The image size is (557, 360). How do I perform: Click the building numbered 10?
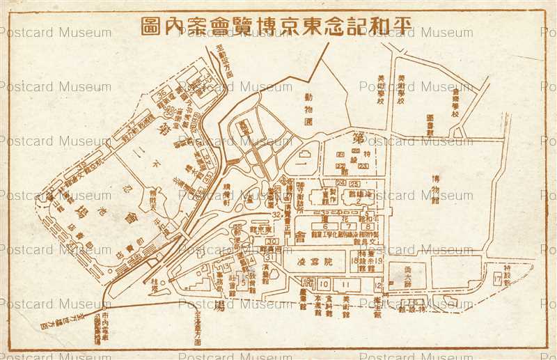324,284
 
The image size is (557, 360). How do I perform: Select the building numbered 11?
346,284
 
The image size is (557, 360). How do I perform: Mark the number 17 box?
497,279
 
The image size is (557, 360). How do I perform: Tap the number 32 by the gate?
276,215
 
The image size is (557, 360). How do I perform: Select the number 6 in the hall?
324,226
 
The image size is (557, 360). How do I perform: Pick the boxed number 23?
362,165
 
